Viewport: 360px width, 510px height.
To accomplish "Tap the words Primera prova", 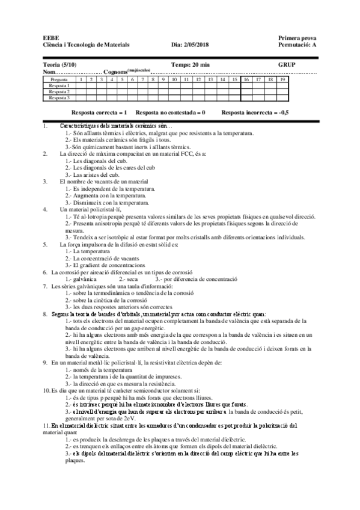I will coord(296,37).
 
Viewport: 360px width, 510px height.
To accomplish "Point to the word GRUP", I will coord(287,64).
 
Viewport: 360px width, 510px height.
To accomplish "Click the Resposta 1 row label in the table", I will coord(59,85).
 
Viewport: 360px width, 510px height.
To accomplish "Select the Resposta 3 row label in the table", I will coord(59,97).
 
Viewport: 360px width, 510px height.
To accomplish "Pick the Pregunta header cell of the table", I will coord(59,79).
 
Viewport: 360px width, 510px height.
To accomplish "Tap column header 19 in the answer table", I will coord(282,79).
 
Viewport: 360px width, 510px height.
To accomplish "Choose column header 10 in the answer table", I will coord(174,79).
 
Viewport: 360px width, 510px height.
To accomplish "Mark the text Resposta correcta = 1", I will coord(99,112).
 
